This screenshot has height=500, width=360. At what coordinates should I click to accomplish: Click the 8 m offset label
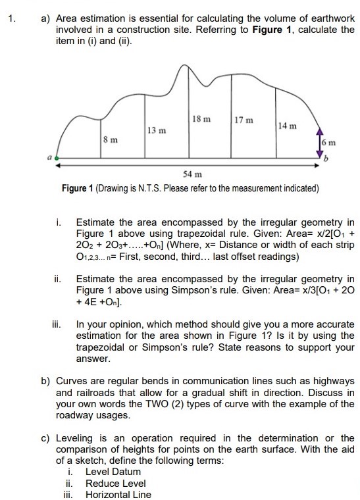[111, 140]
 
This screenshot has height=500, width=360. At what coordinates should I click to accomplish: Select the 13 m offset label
[156, 130]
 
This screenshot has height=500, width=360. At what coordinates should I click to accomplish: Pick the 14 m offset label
[288, 126]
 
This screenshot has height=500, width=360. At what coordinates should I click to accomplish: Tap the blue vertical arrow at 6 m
[322, 141]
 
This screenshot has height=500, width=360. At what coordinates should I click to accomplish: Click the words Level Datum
[113, 472]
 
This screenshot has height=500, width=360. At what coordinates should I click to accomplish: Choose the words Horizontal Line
[118, 495]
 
